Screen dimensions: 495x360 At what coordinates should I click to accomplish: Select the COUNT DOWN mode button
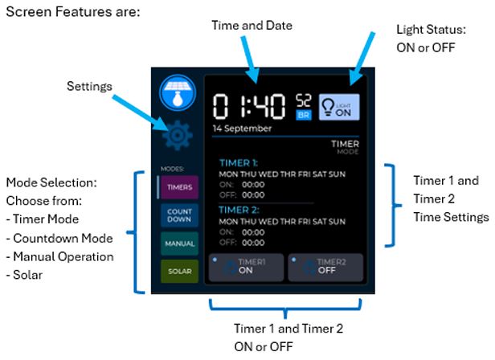pos(175,215)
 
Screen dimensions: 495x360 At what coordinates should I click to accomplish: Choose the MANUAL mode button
pos(175,243)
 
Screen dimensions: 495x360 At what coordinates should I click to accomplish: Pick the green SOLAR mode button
pos(175,271)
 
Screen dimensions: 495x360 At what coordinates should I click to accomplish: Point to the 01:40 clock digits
pos(250,105)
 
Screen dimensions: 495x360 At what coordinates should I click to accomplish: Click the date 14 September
pos(242,128)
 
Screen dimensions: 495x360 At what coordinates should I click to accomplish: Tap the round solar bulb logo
pos(177,92)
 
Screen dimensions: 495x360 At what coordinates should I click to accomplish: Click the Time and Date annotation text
pos(252,26)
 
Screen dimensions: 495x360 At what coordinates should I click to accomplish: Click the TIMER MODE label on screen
pos(346,147)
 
